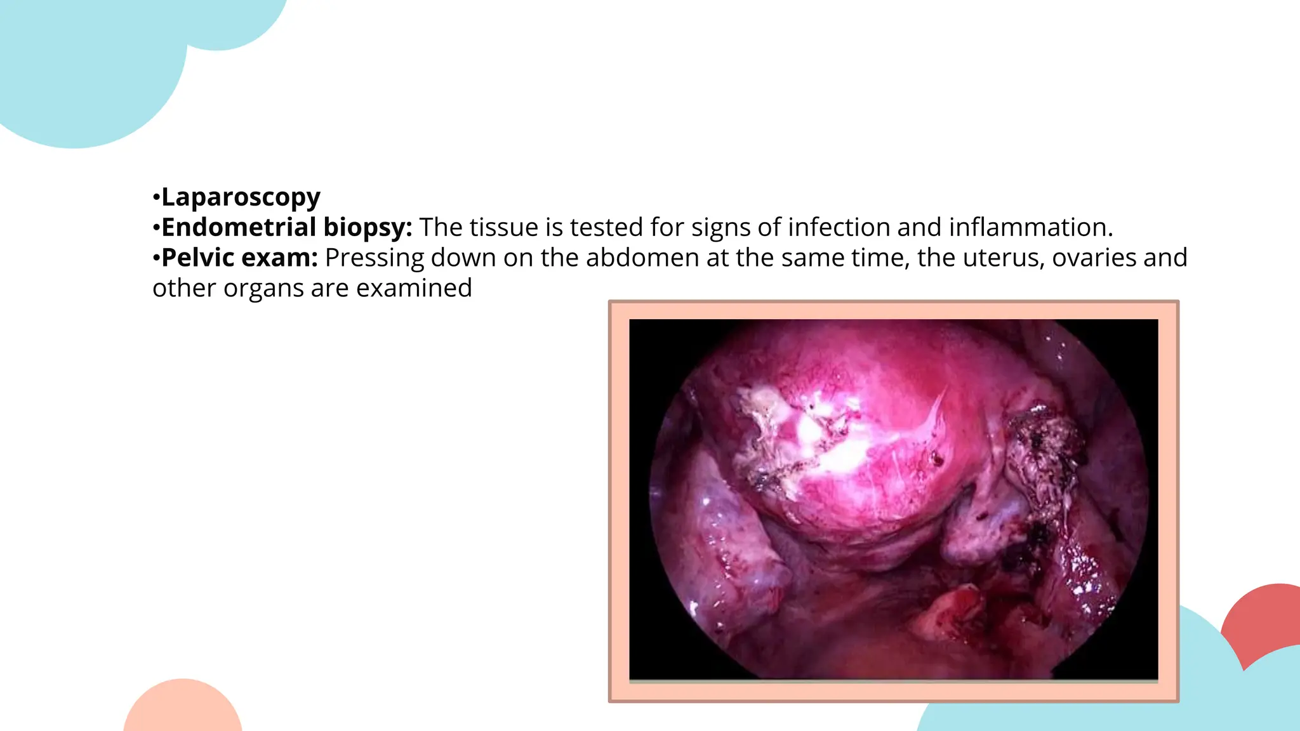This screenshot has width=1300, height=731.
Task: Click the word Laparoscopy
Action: click(x=241, y=197)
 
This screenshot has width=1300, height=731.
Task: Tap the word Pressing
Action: click(x=375, y=258)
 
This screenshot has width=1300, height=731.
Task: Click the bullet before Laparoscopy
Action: click(x=156, y=197)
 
